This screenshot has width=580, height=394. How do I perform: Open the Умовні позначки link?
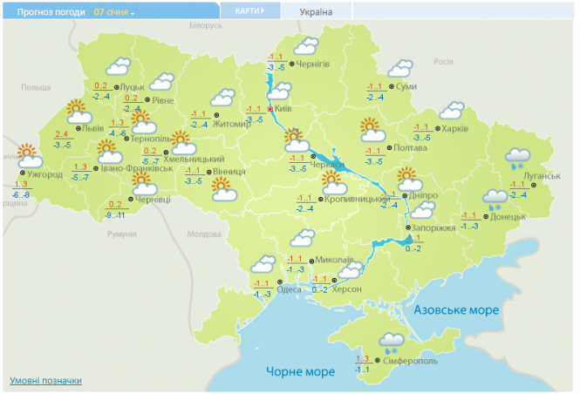point(45,381)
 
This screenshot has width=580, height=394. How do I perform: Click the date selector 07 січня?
point(114,13)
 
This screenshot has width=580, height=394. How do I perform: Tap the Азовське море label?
point(456,310)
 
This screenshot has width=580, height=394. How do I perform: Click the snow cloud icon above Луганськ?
point(520,158)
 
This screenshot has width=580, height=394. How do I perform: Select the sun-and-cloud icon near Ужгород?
point(28,155)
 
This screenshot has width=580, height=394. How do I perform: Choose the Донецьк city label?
point(508,216)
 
